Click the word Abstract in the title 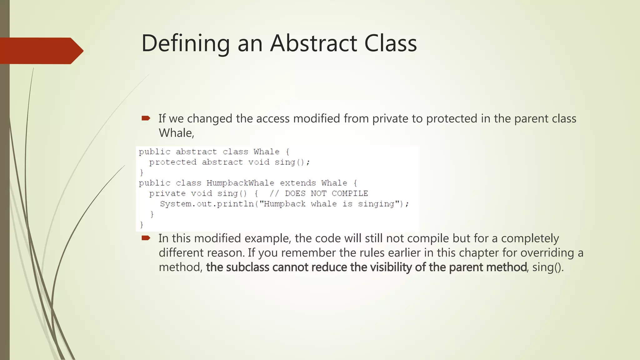coord(314,43)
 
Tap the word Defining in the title coord(186,44)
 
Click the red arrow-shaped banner coord(41,51)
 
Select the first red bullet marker coord(146,118)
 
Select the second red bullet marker coord(146,238)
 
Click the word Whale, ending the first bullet coord(176,133)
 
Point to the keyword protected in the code coord(173,162)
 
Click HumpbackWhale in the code coord(240,183)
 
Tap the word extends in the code coord(297,183)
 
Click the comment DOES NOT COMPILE coord(326,193)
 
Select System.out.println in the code coord(207,204)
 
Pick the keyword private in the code coord(167,193)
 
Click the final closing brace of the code coord(142,224)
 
